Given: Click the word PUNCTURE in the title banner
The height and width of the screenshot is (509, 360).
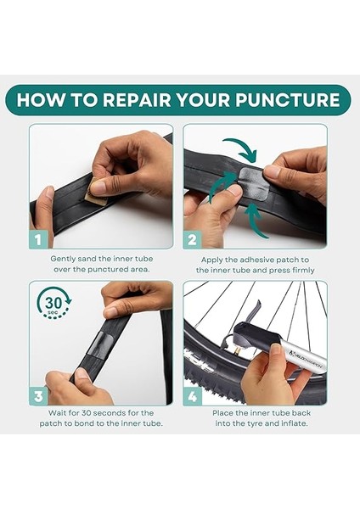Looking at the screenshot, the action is pos(287,99).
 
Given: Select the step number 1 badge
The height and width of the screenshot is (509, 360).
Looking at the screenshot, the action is pos(38,239).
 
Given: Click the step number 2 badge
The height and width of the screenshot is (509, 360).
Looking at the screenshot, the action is pos(192,240).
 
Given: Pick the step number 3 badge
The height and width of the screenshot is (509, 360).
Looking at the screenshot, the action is pos(38,396).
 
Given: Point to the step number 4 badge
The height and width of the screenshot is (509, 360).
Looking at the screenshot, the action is pos(193,396).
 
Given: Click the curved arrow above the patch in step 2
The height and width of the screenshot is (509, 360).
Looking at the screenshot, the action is pos(242,148).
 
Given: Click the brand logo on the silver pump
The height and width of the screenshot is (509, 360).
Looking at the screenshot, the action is pos(306,360).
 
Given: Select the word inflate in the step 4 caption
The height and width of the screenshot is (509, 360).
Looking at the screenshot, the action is pos(293,423).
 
